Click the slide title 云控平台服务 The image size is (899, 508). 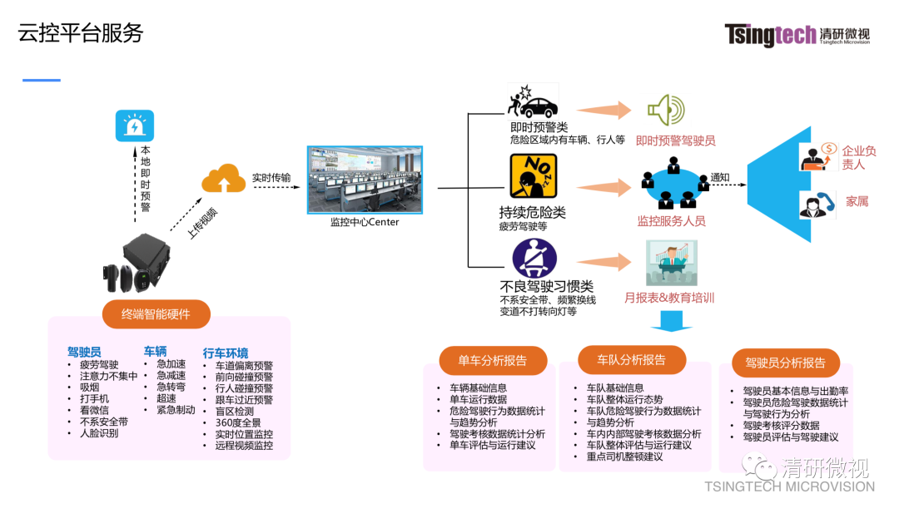81,32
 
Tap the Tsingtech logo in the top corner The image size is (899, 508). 797,35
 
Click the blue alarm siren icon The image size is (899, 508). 134,126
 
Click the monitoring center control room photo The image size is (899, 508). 365,180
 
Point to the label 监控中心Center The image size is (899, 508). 365,222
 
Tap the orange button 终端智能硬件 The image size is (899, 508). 156,313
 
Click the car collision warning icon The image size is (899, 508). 533,102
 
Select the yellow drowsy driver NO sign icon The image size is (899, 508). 533,176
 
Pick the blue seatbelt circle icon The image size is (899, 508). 534,259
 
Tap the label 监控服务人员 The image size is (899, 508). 671,221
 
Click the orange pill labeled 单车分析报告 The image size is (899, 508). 493,360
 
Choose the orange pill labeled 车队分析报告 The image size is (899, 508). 632,360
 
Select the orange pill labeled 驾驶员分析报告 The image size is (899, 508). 785,363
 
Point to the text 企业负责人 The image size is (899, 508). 858,157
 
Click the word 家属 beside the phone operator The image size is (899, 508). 857,201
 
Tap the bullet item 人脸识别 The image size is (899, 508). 99,433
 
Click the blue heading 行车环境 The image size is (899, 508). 226,353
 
